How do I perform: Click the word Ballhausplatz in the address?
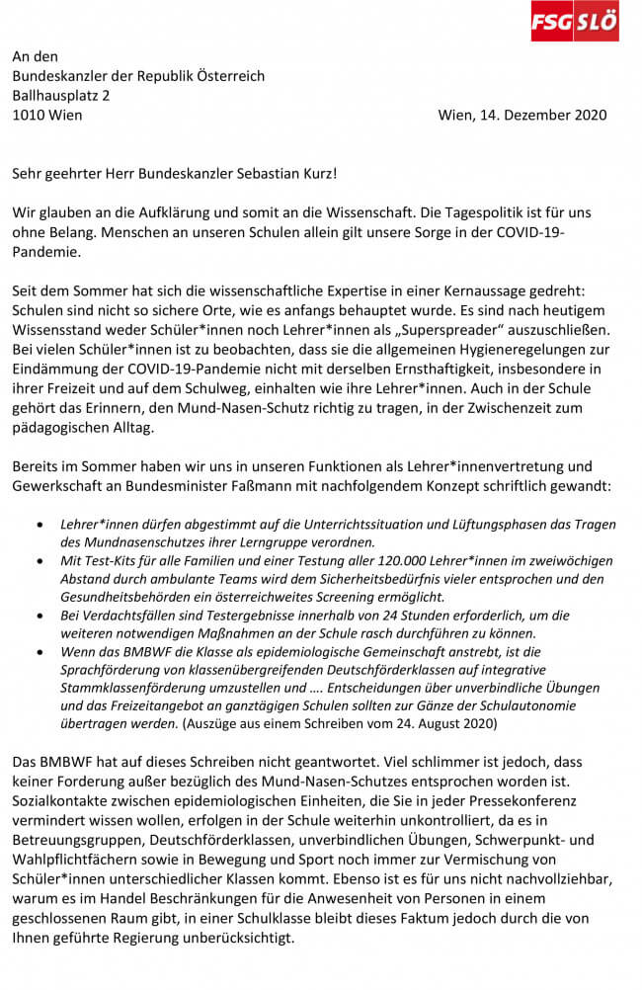[60, 95]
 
